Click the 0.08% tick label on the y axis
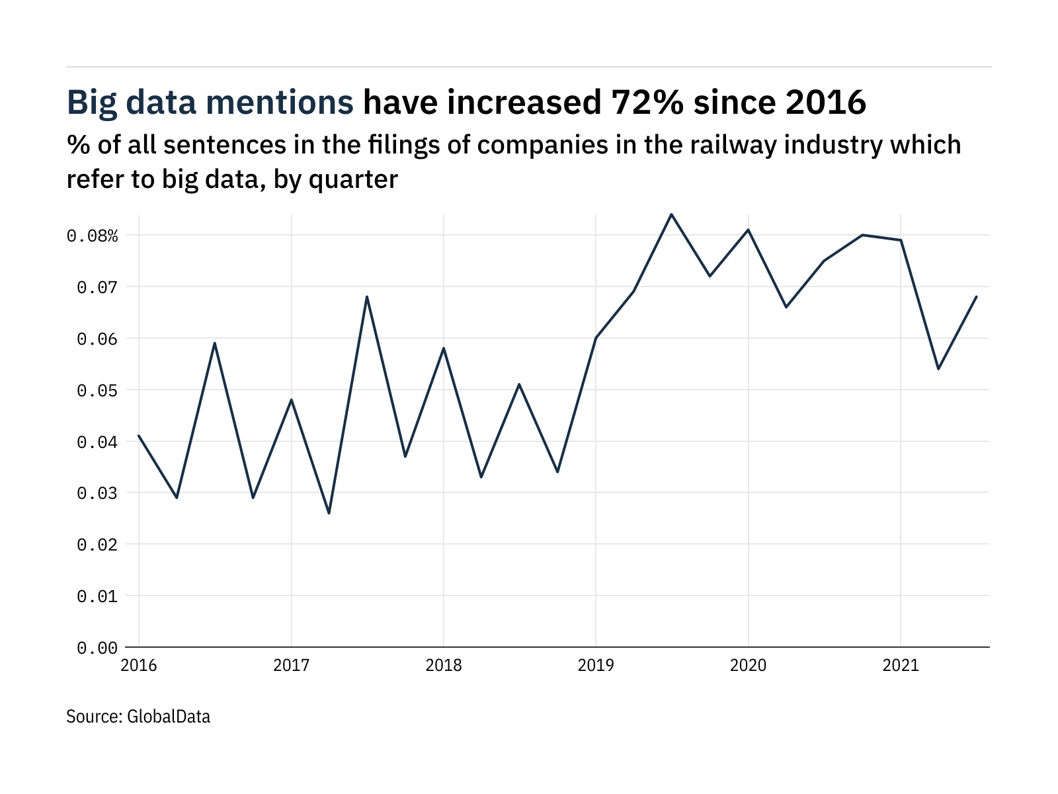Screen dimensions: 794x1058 tap(93, 236)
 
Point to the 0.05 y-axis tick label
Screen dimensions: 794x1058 tap(97, 390)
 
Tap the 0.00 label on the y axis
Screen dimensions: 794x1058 tap(97, 648)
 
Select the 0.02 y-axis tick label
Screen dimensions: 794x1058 tap(97, 545)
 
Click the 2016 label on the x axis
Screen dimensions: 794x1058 tap(139, 665)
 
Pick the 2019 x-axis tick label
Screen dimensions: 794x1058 tap(596, 665)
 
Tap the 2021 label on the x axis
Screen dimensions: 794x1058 tap(901, 665)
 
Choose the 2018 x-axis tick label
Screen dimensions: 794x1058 tap(444, 665)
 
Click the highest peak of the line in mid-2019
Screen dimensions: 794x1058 tap(672, 214)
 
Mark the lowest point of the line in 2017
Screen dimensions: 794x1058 tap(329, 513)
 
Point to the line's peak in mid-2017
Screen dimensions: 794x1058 tap(367, 296)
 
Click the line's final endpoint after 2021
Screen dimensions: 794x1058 tap(977, 296)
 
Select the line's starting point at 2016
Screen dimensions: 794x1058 tap(139, 435)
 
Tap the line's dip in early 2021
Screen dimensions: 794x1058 tap(938, 369)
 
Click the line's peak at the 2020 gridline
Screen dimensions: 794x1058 tap(748, 230)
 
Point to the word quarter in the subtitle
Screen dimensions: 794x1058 tap(353, 179)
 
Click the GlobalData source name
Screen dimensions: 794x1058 tap(169, 717)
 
